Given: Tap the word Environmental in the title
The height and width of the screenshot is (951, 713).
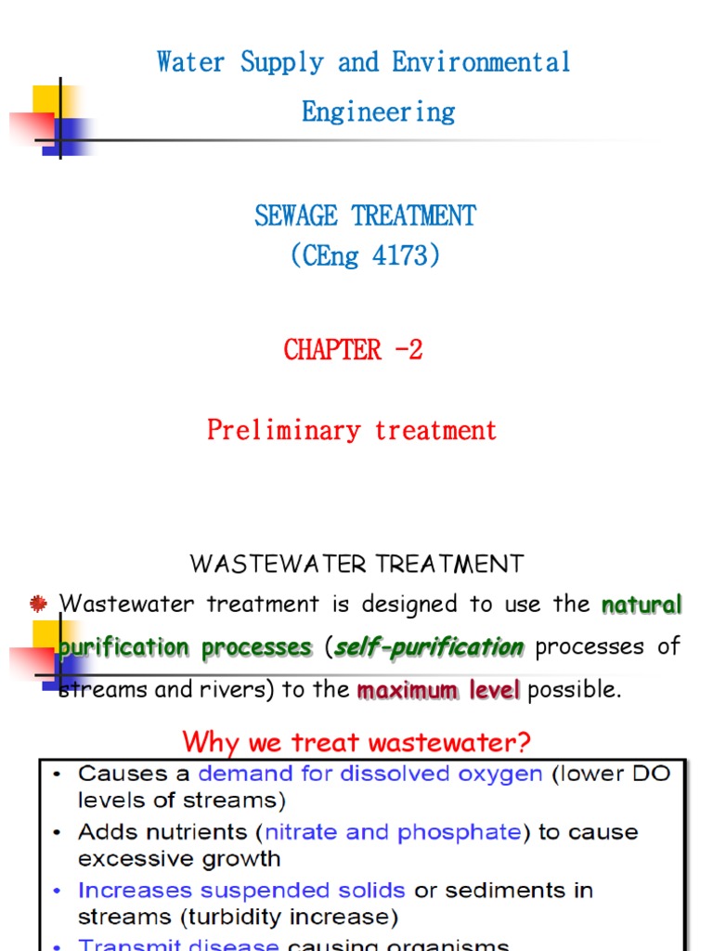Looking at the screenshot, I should (481, 63).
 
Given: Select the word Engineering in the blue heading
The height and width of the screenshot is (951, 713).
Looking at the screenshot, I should (379, 112).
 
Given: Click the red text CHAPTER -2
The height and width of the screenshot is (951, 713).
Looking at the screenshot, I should (353, 350).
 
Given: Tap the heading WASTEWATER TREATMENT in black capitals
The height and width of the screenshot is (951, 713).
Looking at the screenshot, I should (356, 564).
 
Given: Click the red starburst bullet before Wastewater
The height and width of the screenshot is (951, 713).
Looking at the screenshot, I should (39, 605).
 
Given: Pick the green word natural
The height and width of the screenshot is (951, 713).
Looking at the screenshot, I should (642, 606).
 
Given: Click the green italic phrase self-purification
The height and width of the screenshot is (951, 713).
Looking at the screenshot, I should (429, 647).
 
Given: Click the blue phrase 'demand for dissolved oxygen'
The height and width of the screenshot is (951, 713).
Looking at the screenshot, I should (370, 774).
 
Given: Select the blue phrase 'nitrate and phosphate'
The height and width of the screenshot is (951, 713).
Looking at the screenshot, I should (393, 832).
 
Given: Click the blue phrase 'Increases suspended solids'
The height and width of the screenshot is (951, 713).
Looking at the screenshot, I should (241, 891).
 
